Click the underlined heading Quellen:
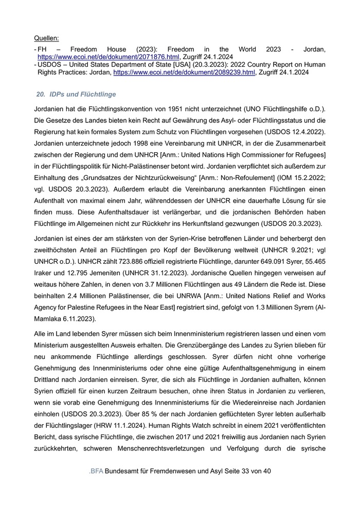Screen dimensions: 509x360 coord(46,38)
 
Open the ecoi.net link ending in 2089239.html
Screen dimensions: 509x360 coord(184,73)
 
